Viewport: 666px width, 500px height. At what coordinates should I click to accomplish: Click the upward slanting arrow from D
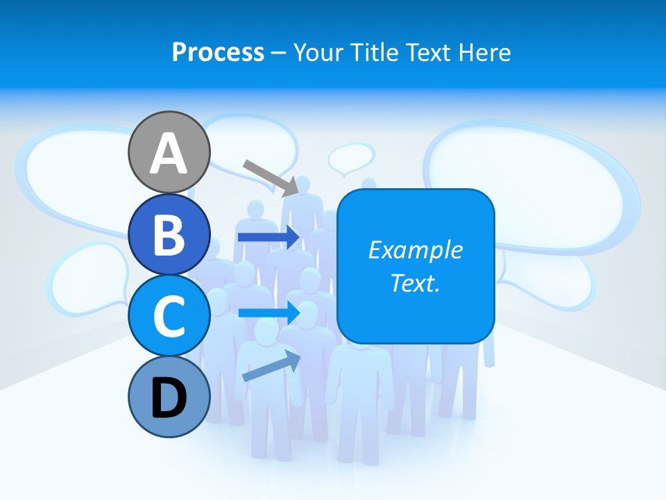[x=271, y=366]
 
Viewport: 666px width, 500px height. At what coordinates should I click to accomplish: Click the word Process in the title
[x=218, y=52]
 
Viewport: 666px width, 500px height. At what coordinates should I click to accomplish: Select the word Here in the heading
[x=485, y=52]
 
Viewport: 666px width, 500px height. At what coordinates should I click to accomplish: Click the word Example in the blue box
[x=415, y=250]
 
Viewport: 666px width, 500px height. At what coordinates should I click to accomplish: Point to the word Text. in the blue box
[x=415, y=283]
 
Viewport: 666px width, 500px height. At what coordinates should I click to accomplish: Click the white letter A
[x=169, y=153]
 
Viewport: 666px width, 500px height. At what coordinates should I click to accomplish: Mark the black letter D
[x=169, y=397]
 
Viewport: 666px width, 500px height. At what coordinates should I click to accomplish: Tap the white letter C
[x=169, y=316]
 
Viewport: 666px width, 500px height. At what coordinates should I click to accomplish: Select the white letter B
[x=169, y=235]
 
